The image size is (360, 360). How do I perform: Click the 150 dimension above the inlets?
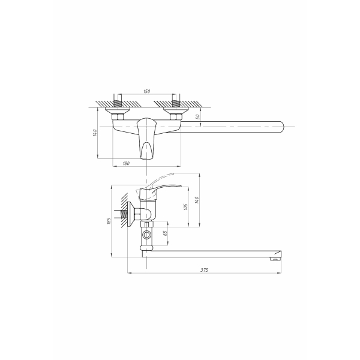click(x=147, y=91)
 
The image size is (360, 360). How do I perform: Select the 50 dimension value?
click(x=198, y=116)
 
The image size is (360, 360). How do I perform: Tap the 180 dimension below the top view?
click(x=126, y=163)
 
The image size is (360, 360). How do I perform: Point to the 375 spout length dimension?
click(x=204, y=270)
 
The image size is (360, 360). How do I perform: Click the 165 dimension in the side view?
click(x=109, y=221)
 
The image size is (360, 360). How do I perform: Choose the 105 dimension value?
click(x=186, y=207)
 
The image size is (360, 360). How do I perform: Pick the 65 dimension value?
click(x=166, y=233)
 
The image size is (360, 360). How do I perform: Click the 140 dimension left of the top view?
click(x=95, y=133)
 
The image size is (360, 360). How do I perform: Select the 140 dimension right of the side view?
click(x=197, y=200)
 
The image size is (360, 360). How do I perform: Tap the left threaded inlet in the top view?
click(x=118, y=101)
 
